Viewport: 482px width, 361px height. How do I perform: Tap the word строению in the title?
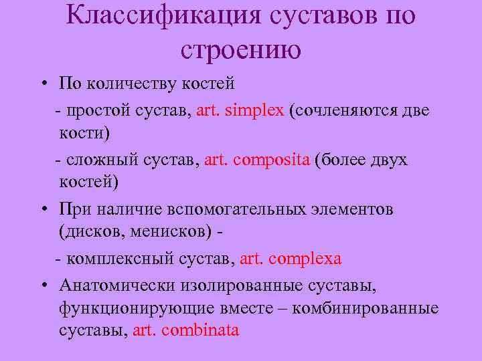pyautogui.click(x=240, y=48)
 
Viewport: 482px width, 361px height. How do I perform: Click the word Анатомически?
pyautogui.click(x=116, y=286)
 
